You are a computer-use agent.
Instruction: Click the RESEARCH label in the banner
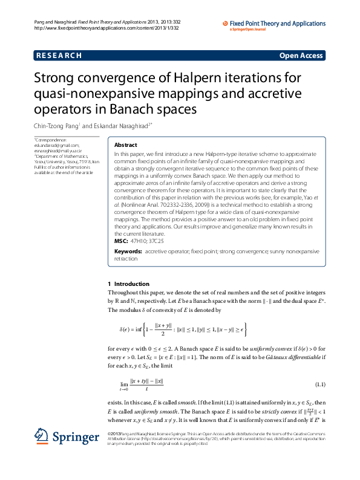[x=59, y=56]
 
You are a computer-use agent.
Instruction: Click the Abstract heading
[x=125, y=146]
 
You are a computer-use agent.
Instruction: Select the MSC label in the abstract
[x=121, y=240]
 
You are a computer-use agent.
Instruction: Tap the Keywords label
[x=128, y=250]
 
